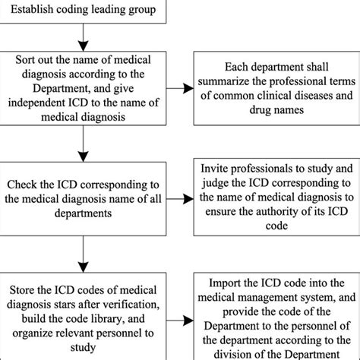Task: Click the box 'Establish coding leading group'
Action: point(80,11)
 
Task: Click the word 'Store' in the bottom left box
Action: point(24,289)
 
